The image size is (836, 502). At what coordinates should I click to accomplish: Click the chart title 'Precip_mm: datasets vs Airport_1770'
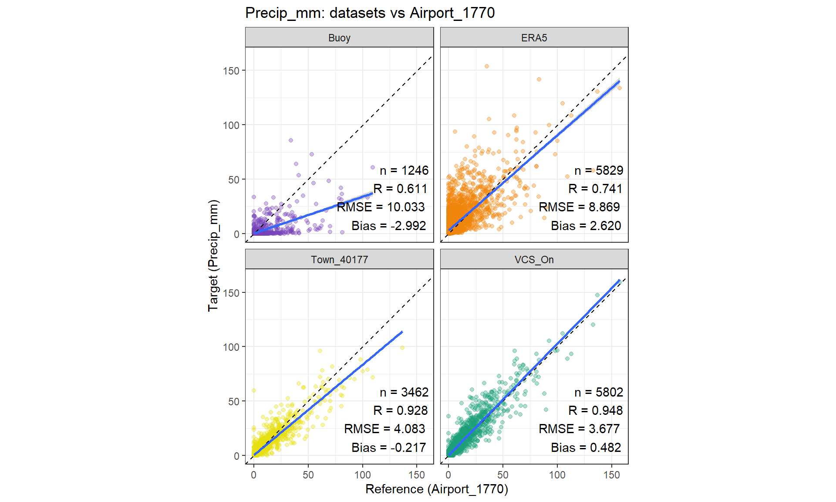coord(370,13)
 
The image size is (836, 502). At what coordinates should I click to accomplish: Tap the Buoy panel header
coord(339,38)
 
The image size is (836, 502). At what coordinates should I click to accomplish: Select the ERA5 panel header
coord(534,38)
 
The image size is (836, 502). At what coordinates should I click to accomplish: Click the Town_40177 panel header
coord(339,260)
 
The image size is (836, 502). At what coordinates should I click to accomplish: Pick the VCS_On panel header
coord(534,260)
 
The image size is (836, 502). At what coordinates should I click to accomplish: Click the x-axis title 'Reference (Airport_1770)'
coord(437,489)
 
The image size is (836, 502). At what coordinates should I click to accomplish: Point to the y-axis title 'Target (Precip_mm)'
coord(213,255)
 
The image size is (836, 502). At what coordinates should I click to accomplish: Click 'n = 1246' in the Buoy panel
coord(404,170)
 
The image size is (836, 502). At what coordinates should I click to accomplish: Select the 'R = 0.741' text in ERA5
coord(595,189)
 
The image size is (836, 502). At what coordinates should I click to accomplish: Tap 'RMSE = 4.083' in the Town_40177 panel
coord(384,429)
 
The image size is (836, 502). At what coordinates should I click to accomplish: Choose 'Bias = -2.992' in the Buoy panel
coord(388,226)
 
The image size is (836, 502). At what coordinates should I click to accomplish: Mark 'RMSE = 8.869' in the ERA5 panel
coord(579,207)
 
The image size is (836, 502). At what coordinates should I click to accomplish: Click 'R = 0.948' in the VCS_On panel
coord(595,410)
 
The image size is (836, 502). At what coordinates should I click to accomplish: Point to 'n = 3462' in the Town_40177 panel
coord(404,392)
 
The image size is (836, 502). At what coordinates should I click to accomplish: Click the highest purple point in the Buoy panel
coord(291,140)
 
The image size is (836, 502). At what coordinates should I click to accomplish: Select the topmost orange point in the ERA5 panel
coord(487,66)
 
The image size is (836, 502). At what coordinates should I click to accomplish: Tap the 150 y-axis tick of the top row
coord(231,71)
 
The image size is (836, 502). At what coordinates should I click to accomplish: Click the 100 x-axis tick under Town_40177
coord(362,475)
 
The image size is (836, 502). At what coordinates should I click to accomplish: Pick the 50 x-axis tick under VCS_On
coord(503,475)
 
